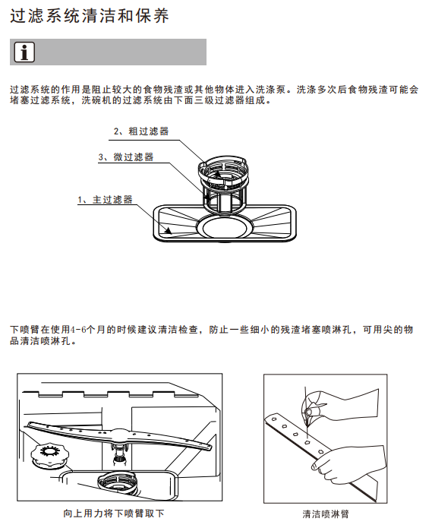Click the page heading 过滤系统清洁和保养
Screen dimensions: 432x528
(90, 16)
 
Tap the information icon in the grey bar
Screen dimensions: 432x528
(24, 52)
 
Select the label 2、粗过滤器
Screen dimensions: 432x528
(141, 131)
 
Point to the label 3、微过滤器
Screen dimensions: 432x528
(126, 157)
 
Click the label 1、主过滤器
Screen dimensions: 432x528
(105, 200)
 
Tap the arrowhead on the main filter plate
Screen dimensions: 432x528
(168, 230)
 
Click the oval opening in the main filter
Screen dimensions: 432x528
(225, 227)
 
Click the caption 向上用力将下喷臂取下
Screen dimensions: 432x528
(114, 514)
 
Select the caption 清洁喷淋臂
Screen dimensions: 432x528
(326, 514)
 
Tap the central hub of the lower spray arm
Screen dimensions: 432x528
(119, 435)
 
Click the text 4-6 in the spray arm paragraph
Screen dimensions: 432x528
(78, 329)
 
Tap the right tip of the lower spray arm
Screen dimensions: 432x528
(210, 447)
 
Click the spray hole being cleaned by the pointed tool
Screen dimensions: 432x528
(307, 442)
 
